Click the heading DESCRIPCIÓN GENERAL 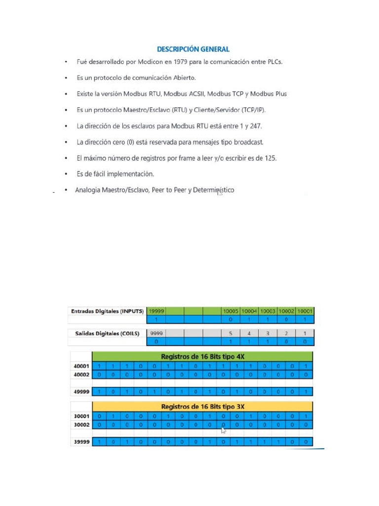click(193, 49)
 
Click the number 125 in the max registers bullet click(269, 158)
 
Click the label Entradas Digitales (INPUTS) click(107, 311)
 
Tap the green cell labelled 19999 click(157, 311)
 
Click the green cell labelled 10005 click(230, 311)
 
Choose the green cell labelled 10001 click(304, 311)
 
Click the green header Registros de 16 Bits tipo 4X click(203, 356)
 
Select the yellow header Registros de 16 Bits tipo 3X click(203, 407)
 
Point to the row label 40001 click(81, 366)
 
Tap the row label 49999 click(81, 392)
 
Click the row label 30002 click(81, 424)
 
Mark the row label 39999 click(81, 442)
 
